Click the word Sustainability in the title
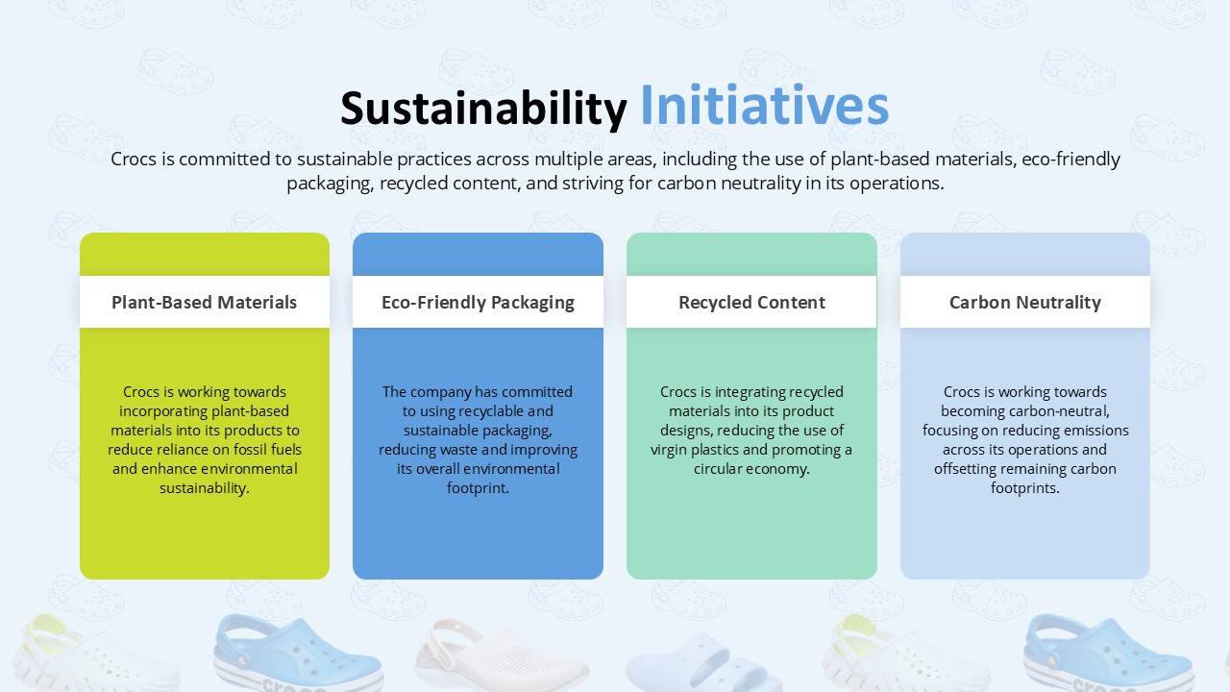(483, 108)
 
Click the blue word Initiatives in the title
(764, 106)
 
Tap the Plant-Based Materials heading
(204, 302)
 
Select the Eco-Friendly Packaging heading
(478, 302)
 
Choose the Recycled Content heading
(751, 302)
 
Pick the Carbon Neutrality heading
(1024, 302)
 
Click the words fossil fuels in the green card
(266, 450)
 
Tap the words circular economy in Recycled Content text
(751, 469)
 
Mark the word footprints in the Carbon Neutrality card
(1024, 488)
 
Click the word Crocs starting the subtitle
(134, 160)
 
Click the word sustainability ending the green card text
(204, 488)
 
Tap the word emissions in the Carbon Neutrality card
(1095, 431)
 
